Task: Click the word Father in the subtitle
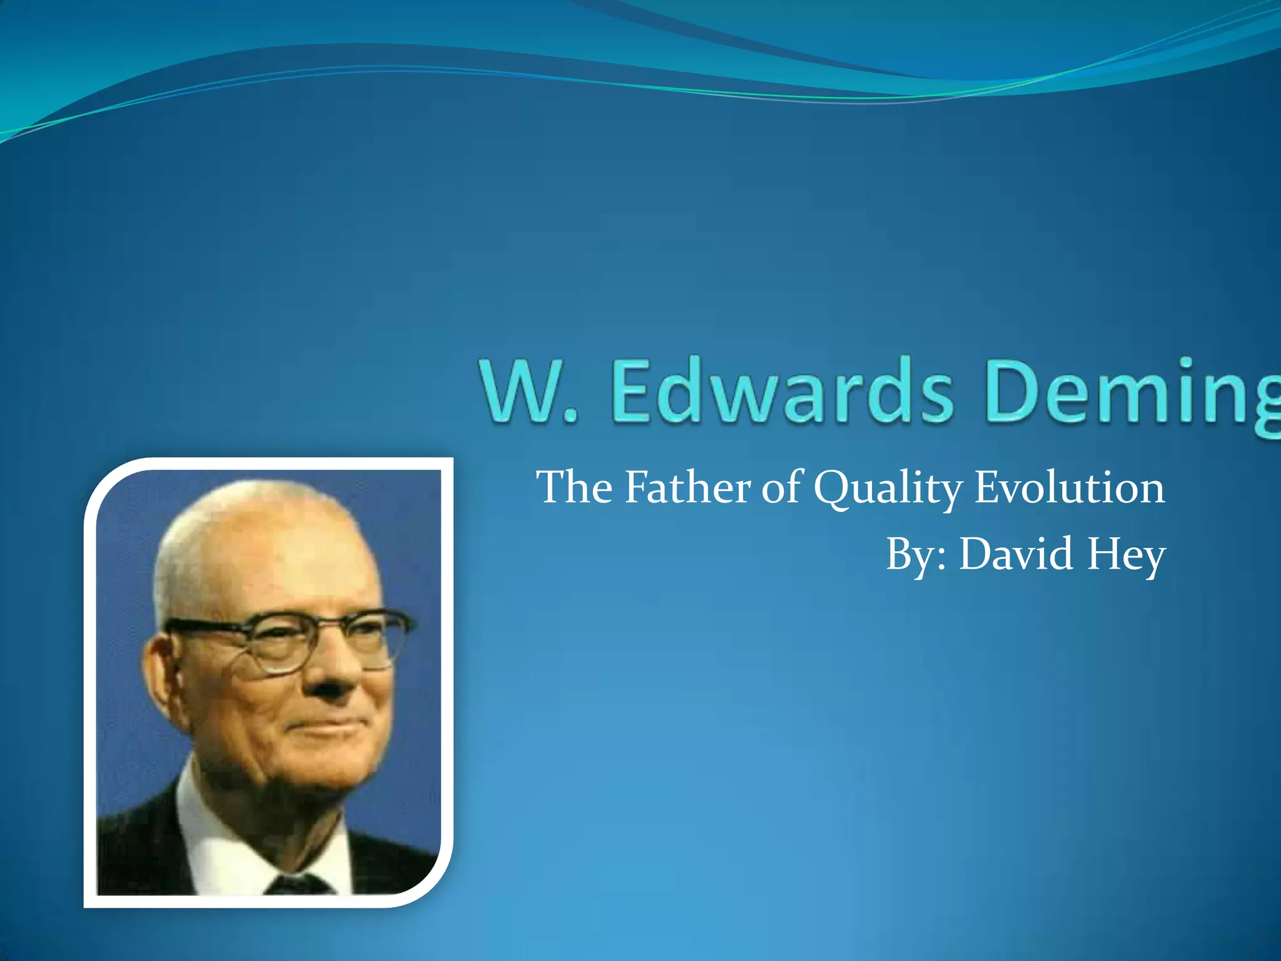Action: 687,487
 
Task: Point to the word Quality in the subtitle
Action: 888,489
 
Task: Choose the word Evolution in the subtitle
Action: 1070,487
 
